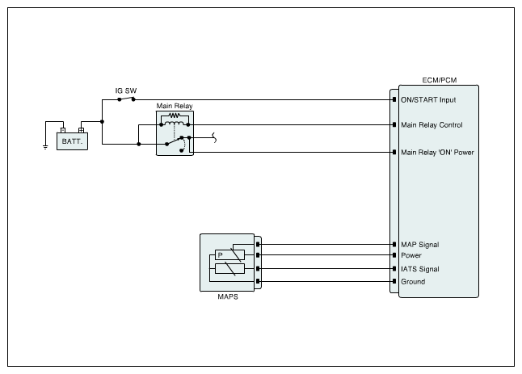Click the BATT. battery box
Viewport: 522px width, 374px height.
72,141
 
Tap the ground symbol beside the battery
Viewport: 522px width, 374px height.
45,147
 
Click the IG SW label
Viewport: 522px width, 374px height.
126,90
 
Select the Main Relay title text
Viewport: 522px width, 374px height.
175,106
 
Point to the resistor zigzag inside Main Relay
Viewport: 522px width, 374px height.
175,116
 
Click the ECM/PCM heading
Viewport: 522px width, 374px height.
439,80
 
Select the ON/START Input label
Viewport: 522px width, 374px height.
428,100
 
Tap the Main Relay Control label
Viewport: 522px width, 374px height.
431,125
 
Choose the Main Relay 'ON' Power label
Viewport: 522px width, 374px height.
437,153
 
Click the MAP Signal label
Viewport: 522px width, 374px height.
420,245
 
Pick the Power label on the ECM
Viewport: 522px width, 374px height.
411,255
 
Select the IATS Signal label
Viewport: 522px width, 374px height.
420,269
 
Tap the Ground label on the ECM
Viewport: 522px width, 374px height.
413,281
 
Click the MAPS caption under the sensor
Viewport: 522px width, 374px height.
228,296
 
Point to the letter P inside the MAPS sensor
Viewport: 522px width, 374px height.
220,255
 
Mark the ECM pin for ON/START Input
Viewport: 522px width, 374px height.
394,99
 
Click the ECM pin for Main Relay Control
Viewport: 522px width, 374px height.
394,124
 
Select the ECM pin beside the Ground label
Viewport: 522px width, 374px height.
394,281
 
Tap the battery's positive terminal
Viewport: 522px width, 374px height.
81,130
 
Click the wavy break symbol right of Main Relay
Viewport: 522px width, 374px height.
214,137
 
